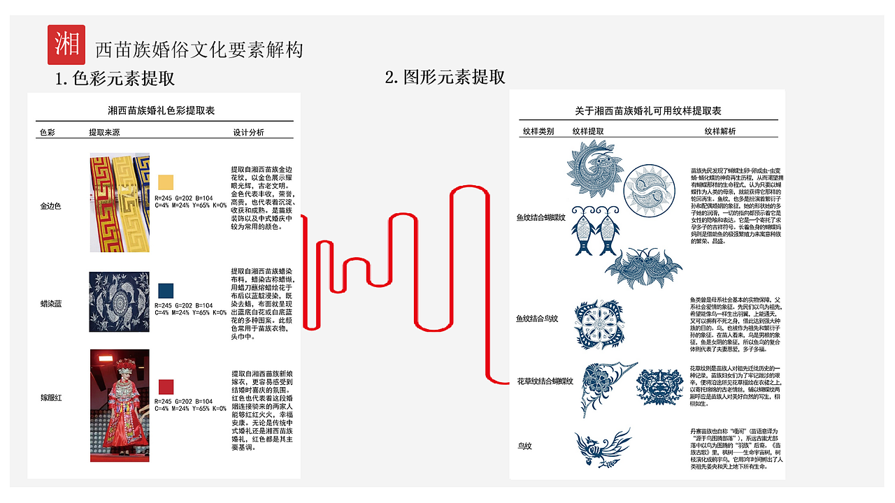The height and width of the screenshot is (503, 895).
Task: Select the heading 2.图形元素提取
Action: (445, 76)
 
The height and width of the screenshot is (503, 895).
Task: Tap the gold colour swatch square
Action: (166, 182)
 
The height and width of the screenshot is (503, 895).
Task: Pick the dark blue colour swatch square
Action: (166, 291)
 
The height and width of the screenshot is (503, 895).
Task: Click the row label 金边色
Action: (51, 207)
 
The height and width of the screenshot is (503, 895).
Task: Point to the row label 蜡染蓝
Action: (51, 304)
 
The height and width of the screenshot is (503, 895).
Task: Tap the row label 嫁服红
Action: (51, 398)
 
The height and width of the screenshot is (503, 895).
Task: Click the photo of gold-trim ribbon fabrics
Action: (120, 203)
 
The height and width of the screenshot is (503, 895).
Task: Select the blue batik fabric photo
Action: (120, 302)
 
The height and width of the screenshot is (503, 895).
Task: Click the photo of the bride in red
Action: (120, 405)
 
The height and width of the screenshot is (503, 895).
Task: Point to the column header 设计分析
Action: (248, 132)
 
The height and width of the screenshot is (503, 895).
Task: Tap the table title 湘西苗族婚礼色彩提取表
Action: (161, 110)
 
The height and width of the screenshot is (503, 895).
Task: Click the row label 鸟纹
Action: (525, 445)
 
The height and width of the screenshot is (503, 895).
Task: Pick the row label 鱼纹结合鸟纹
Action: (537, 319)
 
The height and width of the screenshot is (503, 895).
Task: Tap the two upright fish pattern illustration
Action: (588, 230)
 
